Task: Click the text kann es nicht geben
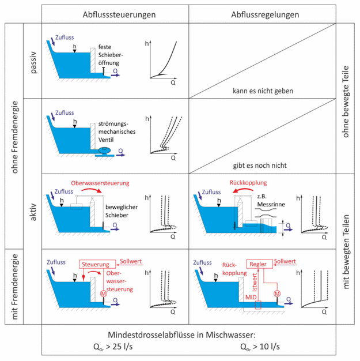pos(263,91)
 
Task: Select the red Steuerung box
pos(95,263)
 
